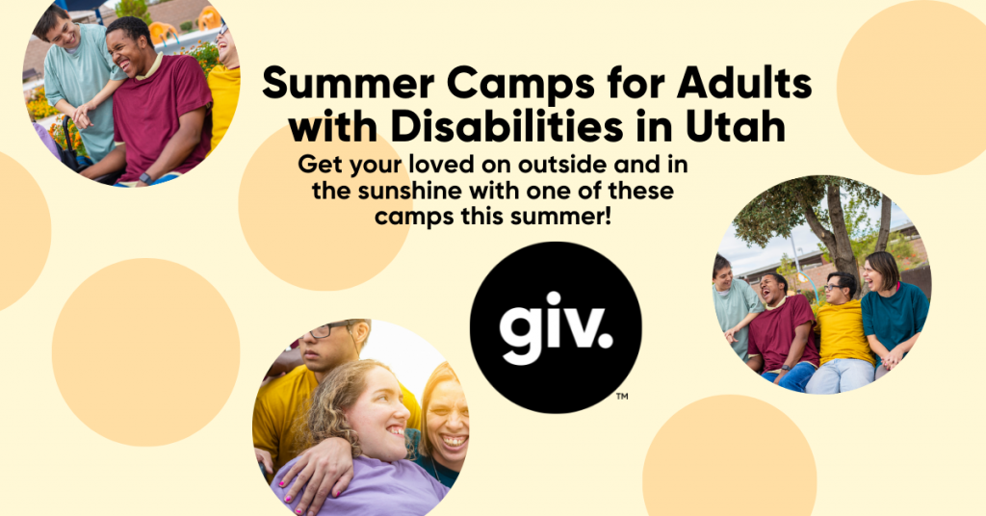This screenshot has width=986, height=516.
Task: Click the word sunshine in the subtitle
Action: coord(406,191)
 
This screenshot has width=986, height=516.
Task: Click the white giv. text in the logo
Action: coord(554,325)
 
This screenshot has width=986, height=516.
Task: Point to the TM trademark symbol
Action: coord(622,395)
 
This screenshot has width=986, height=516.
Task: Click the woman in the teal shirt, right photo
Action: coord(893,308)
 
